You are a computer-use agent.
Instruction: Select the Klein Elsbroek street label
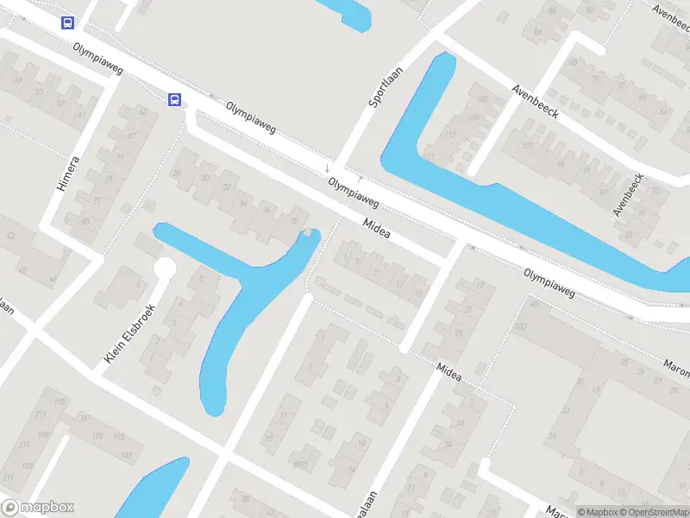[129, 332]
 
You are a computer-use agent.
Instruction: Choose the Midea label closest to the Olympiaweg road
[377, 228]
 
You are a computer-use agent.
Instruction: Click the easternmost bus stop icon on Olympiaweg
[175, 100]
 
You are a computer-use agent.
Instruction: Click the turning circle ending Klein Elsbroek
[164, 269]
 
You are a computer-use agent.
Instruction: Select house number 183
[127, 455]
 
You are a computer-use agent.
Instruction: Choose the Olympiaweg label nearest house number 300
[549, 282]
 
